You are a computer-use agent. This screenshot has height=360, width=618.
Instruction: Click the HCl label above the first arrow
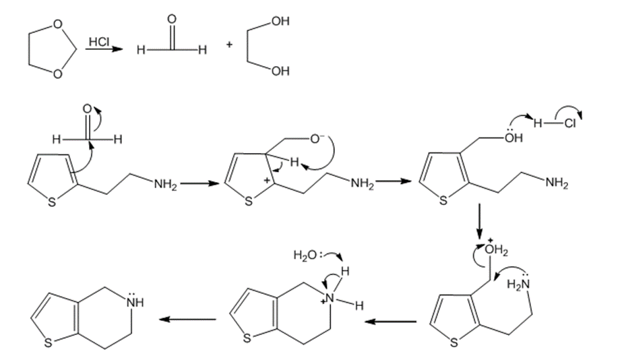[98, 42]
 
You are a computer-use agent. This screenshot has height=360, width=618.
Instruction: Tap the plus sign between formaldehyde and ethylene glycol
[229, 46]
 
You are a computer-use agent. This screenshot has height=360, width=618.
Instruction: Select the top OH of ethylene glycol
[281, 23]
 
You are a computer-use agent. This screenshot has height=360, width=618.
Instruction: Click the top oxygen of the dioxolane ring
[58, 25]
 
